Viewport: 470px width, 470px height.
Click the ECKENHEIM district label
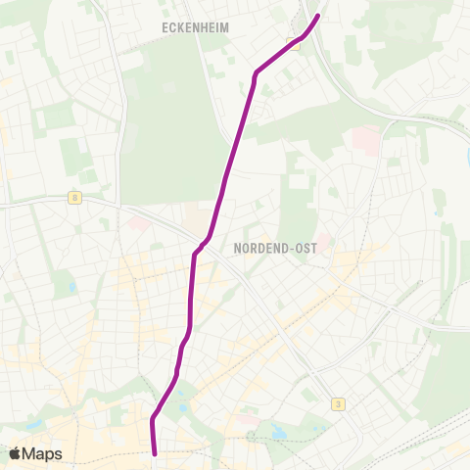tap(195, 28)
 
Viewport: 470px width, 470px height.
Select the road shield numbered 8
tap(75, 198)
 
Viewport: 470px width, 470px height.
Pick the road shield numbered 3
tap(338, 403)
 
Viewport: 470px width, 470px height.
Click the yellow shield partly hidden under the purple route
tap(293, 43)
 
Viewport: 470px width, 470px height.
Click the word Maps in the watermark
tap(42, 453)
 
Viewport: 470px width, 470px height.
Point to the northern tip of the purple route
tap(318, 16)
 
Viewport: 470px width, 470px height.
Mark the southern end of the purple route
tap(156, 452)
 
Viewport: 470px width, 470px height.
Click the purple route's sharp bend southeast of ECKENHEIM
tap(257, 72)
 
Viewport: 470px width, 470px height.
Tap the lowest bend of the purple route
tap(153, 420)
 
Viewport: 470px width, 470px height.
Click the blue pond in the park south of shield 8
tap(70, 287)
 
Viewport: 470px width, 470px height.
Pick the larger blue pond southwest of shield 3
tap(280, 431)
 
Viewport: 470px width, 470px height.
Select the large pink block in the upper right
tap(363, 138)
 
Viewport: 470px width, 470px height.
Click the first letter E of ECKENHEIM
tap(165, 28)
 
